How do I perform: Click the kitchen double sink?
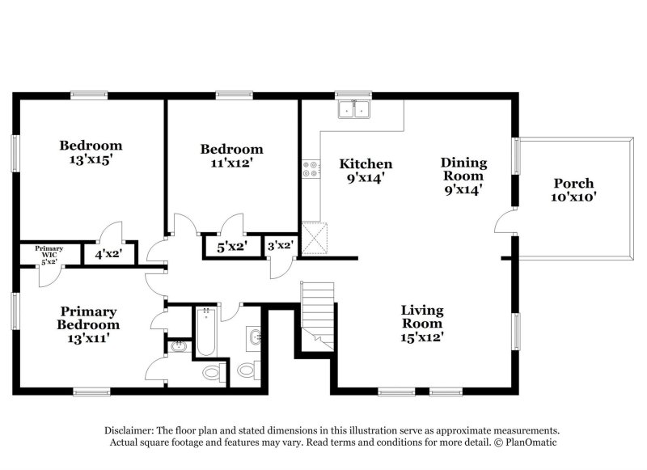click(354, 109)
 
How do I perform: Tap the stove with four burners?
click(311, 169)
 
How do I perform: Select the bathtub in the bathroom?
click(206, 332)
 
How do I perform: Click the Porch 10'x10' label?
click(573, 190)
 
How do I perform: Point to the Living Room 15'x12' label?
click(422, 324)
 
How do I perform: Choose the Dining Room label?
click(463, 169)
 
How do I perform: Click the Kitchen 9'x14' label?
click(366, 171)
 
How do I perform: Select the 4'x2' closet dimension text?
click(108, 254)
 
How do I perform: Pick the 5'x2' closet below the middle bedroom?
click(232, 247)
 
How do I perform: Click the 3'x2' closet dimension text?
click(281, 246)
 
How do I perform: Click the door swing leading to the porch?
click(505, 221)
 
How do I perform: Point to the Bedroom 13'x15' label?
click(91, 152)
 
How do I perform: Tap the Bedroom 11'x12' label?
click(231, 155)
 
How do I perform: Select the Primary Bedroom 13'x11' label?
click(88, 324)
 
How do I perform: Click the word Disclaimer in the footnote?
click(129, 431)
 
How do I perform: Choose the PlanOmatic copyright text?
click(525, 442)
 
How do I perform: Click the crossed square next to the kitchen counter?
click(315, 238)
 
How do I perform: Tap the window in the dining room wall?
click(515, 156)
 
